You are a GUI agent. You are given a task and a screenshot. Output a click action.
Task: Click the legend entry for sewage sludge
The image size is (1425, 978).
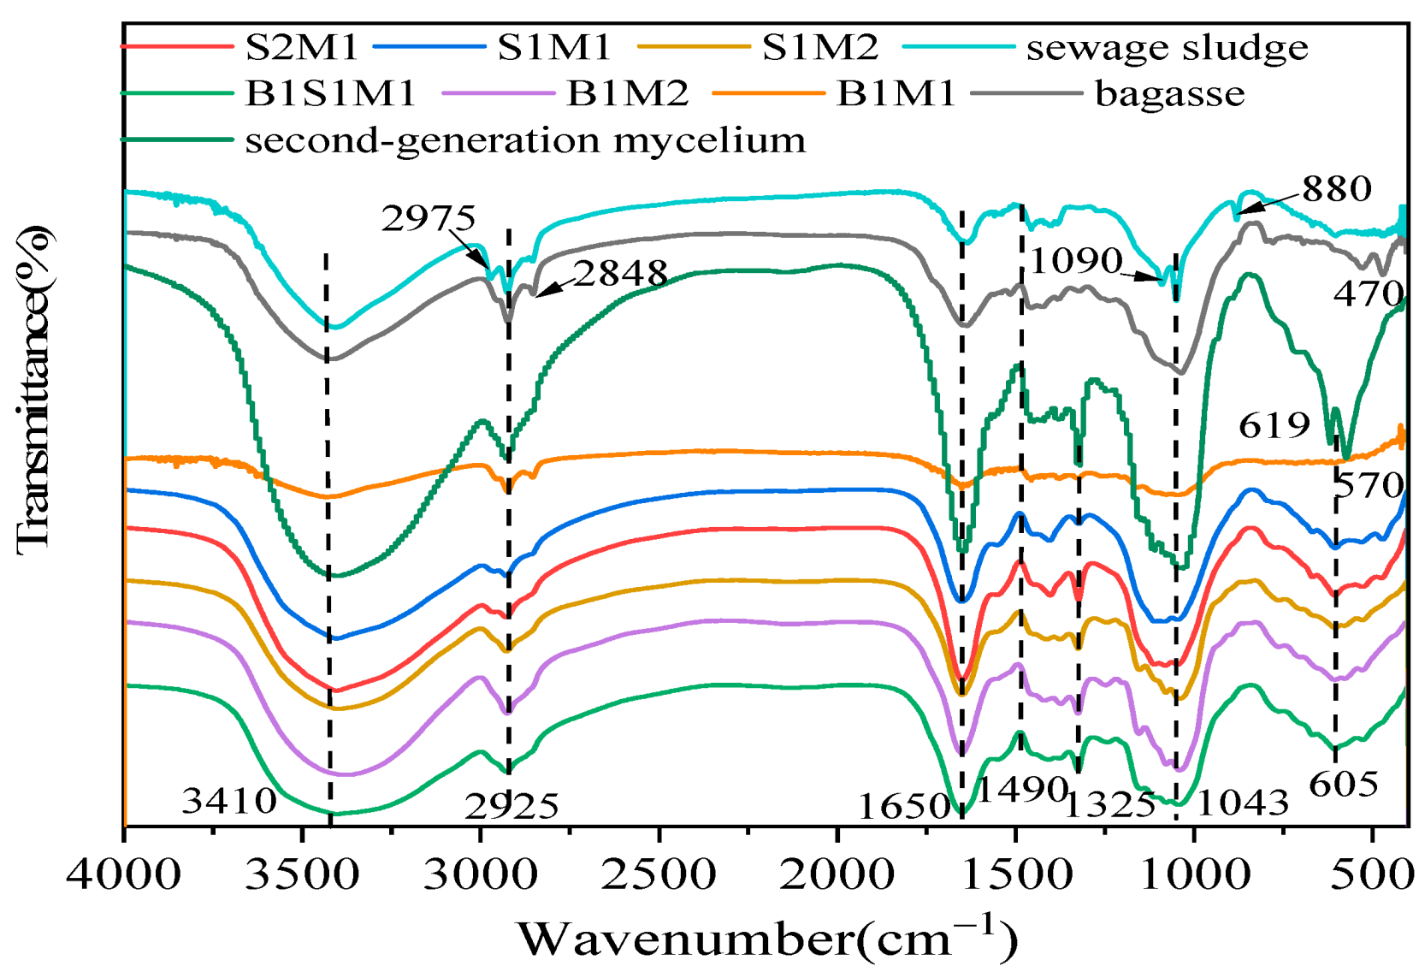pos(1167,48)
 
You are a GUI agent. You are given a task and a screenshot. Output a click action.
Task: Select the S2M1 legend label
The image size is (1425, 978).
pos(301,47)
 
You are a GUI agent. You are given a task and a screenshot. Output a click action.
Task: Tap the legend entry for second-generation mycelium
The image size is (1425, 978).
pos(525,140)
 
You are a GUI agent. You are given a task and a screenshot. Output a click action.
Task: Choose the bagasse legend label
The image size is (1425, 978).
pos(1169,94)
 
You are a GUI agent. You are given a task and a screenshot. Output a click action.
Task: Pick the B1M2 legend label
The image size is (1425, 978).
pos(627,94)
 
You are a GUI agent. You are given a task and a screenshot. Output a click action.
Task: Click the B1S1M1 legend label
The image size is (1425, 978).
pos(330,94)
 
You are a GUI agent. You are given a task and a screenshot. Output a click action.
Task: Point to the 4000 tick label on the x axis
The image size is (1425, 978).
pos(124,875)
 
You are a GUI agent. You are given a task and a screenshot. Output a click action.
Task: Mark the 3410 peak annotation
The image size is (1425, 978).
pos(229,802)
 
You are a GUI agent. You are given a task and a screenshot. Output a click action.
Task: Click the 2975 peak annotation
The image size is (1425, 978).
pos(428,219)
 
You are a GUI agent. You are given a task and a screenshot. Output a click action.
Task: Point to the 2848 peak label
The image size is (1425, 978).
pos(620,274)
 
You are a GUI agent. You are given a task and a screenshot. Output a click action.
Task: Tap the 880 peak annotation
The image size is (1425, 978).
pos(1337,188)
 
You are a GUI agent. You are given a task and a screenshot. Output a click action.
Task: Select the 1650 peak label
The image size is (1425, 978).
pos(904,806)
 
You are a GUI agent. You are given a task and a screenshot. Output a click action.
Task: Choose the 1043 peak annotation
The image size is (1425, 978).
pos(1242,803)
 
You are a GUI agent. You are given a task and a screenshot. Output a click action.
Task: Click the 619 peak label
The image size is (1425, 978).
pos(1274,425)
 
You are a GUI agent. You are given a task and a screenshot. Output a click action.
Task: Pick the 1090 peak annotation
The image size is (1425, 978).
pos(1075,260)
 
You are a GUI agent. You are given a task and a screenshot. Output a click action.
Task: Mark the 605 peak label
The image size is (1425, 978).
pos(1343,784)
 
